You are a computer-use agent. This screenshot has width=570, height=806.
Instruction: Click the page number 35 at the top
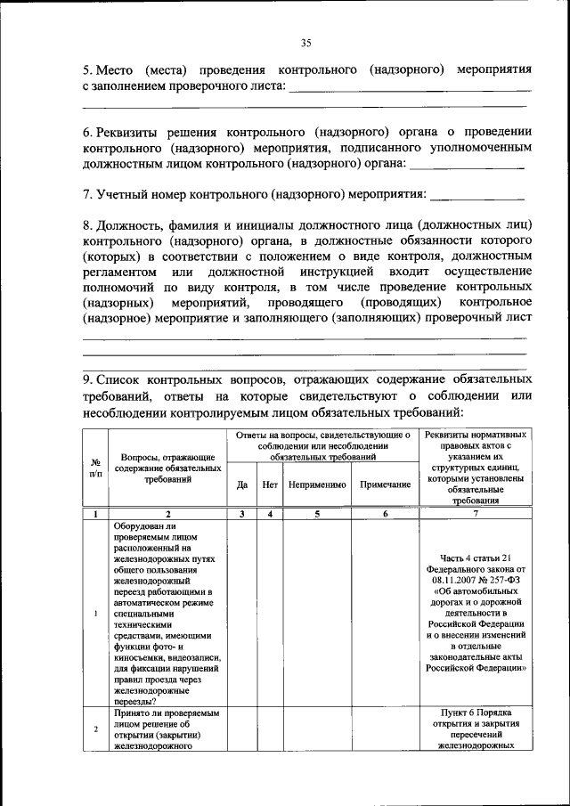click(305, 43)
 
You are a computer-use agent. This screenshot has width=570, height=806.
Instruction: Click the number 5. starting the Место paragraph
click(88, 69)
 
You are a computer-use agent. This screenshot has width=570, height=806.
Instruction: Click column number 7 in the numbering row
click(475, 514)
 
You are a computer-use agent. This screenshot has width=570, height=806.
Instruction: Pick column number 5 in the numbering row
click(316, 514)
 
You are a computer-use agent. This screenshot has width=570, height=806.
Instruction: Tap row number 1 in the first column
click(95, 614)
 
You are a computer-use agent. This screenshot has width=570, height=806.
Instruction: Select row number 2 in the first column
click(95, 730)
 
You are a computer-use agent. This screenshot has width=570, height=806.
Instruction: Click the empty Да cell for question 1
click(241, 614)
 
